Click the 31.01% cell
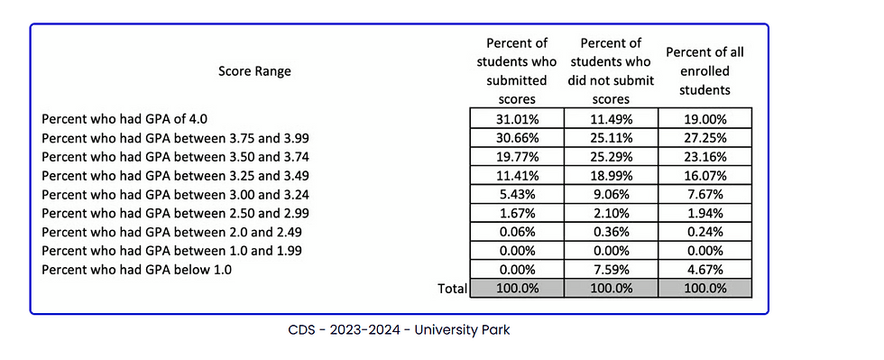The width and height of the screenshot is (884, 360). coord(517,119)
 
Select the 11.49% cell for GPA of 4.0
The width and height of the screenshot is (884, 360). coord(611,119)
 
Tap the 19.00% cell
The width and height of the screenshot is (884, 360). coord(704,119)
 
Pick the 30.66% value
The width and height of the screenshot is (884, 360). coord(517,138)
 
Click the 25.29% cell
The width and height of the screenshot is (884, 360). coord(611,156)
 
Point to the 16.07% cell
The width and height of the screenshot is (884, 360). coord(704,175)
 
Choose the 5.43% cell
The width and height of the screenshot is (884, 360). coord(517,194)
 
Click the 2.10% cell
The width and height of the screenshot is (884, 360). coord(611,213)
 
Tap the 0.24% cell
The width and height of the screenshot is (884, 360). coord(704,232)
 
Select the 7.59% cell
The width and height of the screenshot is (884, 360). coord(611,270)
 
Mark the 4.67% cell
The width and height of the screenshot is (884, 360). coord(704,270)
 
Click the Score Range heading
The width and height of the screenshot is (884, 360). coord(254,71)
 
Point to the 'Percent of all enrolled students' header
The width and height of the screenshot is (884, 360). coord(704,71)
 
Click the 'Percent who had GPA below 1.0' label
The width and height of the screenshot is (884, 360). coord(136,270)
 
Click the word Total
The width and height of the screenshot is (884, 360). coord(452,289)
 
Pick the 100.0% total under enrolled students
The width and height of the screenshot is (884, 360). coord(704,289)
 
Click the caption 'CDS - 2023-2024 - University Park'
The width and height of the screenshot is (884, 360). coord(399,329)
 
